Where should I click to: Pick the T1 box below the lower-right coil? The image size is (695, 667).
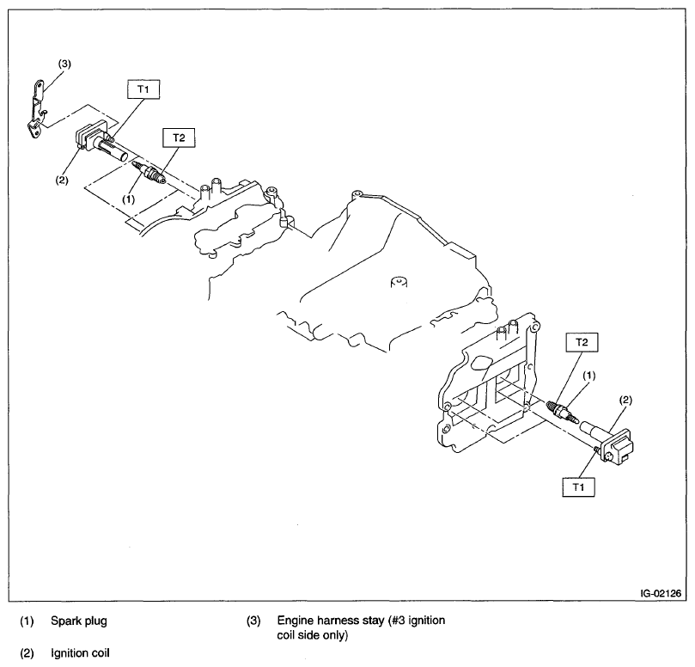coord(579,486)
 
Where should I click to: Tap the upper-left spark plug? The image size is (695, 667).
coord(151,175)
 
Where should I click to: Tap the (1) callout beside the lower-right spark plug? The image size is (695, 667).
coord(589,376)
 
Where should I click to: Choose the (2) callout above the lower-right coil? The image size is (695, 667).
coord(626,400)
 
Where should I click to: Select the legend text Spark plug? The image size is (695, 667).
coord(78,620)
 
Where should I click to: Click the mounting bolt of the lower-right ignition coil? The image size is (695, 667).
coord(608,457)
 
